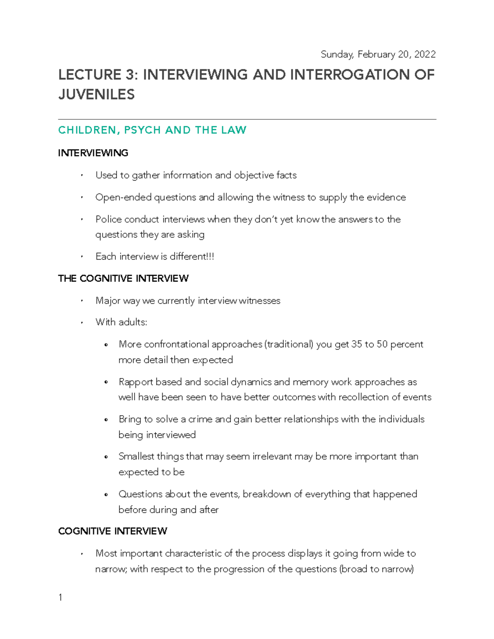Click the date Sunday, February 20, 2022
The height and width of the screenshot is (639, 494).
pos(378,54)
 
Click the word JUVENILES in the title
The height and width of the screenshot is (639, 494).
pos(96,95)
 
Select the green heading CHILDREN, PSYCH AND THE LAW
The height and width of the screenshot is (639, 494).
pos(152,130)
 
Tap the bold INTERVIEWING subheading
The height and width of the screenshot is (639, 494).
pos(93,153)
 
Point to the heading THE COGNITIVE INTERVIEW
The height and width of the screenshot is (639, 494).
pos(123,279)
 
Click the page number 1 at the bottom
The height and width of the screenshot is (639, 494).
pos(61,597)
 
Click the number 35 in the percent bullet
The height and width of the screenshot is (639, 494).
pos(357,344)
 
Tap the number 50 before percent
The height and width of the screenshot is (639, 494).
pos(382,344)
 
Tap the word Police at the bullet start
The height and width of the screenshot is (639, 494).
pos(108,220)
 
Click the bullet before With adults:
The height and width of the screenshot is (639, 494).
pos(82,323)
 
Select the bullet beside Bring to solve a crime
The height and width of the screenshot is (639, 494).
pos(107,420)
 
